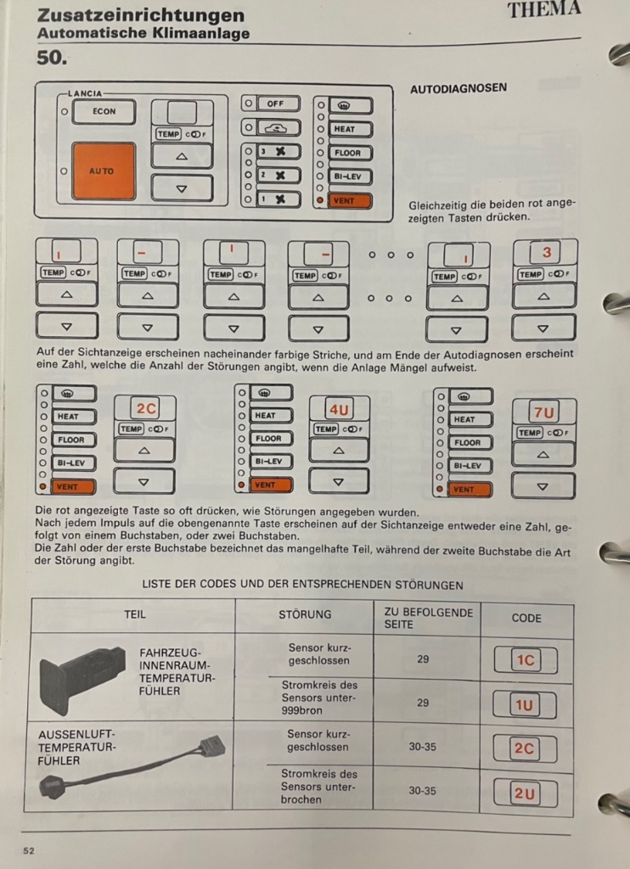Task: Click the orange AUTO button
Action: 103,171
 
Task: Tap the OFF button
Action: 278,104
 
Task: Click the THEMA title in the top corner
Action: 544,9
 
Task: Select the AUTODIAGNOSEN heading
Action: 458,88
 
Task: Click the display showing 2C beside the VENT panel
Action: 146,408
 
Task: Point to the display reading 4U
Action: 339,410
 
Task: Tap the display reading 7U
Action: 544,413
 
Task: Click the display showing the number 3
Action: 546,253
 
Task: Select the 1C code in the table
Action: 526,659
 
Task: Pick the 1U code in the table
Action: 524,705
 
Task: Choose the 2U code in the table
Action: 525,793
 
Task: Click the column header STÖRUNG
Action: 305,614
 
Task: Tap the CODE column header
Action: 526,618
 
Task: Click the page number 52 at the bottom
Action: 29,850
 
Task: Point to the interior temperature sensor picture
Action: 83,679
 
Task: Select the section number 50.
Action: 52,57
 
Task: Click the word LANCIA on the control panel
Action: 85,93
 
